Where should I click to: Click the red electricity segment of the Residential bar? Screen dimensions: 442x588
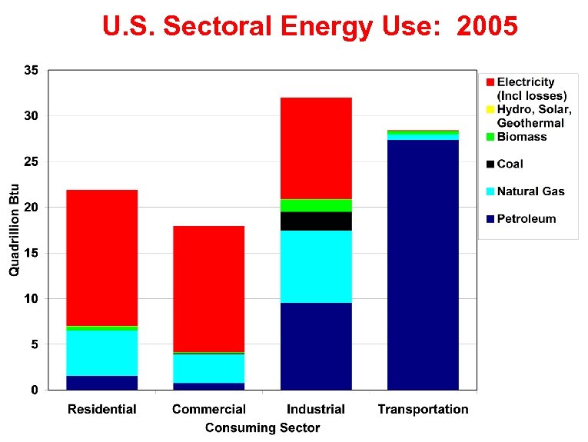click(x=102, y=258)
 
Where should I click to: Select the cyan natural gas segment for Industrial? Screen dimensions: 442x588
click(x=316, y=266)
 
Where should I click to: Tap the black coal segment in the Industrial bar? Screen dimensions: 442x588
click(x=316, y=221)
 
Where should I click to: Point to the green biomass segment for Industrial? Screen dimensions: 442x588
click(x=316, y=205)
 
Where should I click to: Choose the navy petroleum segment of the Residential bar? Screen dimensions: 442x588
click(x=102, y=383)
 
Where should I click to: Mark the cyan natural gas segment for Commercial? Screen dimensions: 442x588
click(x=209, y=368)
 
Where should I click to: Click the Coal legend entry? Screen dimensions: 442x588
click(x=510, y=164)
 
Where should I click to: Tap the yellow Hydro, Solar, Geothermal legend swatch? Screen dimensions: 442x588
click(x=490, y=109)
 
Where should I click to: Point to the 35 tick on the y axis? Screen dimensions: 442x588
click(x=32, y=70)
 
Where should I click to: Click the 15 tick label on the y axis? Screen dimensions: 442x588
click(x=32, y=253)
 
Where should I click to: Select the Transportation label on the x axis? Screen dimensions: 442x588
click(x=423, y=409)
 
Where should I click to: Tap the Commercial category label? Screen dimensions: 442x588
click(x=209, y=409)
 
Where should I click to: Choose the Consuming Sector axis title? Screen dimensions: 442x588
click(x=262, y=427)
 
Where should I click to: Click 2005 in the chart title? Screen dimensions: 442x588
click(x=487, y=27)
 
